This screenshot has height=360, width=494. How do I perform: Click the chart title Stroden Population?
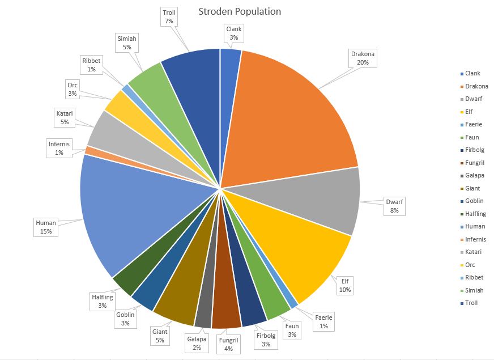pyautogui.click(x=240, y=11)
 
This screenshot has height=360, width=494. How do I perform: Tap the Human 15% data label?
pyautogui.click(x=46, y=227)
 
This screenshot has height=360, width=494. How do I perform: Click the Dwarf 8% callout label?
pyautogui.click(x=394, y=206)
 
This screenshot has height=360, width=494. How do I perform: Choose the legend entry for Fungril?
pyautogui.click(x=475, y=163)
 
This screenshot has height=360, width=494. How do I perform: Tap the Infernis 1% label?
pyautogui.click(x=59, y=149)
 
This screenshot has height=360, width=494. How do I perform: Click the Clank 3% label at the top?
pyautogui.click(x=234, y=33)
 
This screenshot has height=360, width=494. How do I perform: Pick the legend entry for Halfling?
pyautogui.click(x=475, y=214)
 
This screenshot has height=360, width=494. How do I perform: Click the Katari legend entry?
pyautogui.click(x=473, y=252)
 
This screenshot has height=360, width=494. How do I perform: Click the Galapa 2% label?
pyautogui.click(x=197, y=343)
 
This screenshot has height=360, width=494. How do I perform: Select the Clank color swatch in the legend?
pyautogui.click(x=462, y=74)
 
